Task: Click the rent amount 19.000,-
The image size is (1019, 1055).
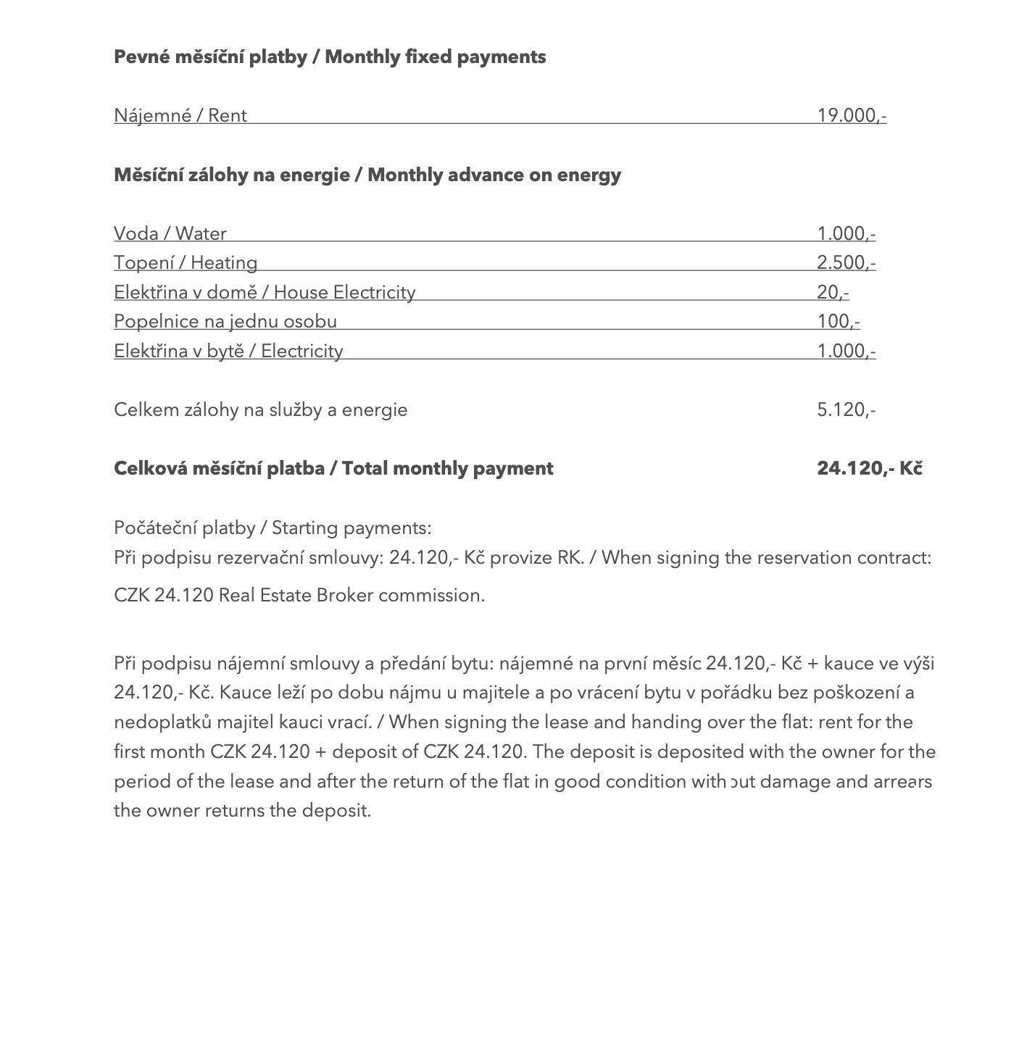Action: point(851,115)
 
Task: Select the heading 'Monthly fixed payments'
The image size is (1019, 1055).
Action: point(435,57)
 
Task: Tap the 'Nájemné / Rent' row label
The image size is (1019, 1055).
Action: point(180,115)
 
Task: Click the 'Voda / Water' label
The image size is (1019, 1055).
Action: point(170,233)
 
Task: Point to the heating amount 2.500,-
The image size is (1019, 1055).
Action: point(846,262)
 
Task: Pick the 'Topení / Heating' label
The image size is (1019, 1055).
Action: point(186,262)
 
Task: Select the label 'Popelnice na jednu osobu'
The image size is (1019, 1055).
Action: point(225,321)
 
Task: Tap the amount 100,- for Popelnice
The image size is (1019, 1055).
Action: point(838,321)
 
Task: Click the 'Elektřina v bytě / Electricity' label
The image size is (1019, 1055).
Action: point(228,351)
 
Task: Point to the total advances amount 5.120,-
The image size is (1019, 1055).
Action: point(846,409)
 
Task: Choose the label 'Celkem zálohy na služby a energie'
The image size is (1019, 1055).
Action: point(261,409)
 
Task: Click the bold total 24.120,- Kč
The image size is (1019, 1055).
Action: point(869,468)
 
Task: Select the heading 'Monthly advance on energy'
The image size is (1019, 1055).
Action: point(494,175)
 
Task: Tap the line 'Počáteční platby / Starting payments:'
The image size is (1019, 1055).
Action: point(273,527)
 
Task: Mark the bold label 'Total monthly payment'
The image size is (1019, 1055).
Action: point(447,468)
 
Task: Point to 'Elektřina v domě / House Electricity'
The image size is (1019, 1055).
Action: point(265,292)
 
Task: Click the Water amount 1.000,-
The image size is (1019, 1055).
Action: point(846,233)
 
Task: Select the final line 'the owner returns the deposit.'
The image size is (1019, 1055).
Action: point(242,810)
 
